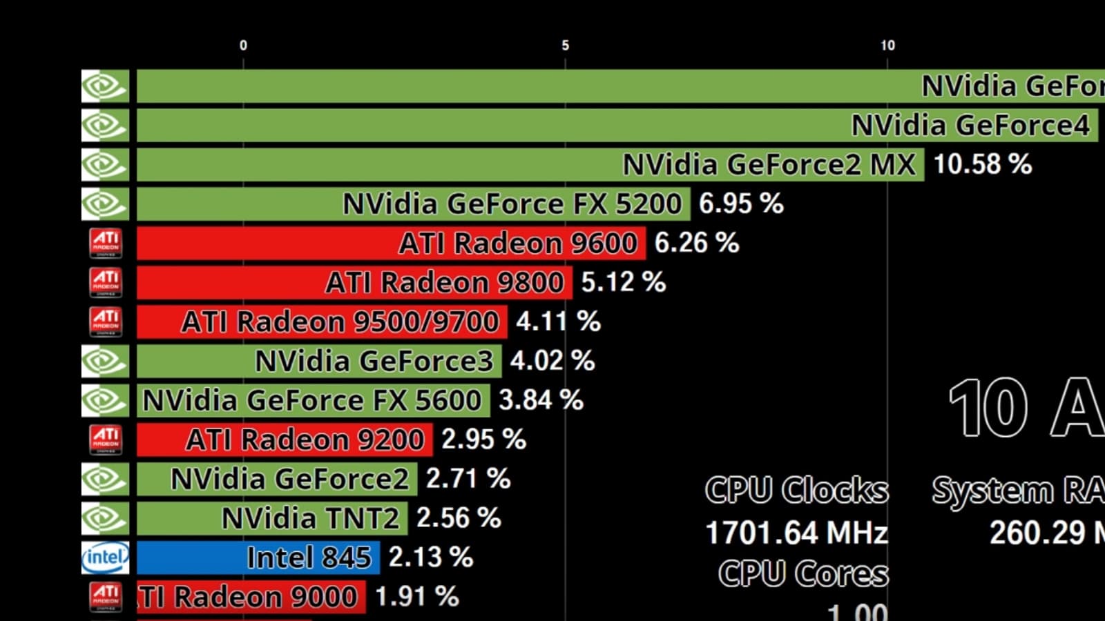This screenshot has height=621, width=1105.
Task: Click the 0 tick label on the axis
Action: point(243,46)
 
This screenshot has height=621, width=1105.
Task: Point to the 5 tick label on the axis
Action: point(565,46)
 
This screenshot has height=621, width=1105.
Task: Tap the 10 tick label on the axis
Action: point(887,46)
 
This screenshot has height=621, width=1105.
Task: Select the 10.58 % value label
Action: point(982,165)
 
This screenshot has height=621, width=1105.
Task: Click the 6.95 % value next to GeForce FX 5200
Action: point(741,204)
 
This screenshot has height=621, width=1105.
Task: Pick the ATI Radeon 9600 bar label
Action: point(518,244)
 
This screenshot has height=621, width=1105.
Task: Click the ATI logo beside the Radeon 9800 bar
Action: point(106,282)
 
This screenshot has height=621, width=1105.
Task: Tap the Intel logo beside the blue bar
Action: point(105,558)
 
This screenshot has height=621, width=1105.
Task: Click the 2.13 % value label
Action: point(431,558)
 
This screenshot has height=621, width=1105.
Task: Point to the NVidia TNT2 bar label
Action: point(310,518)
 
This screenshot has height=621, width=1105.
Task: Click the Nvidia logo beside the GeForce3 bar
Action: point(105,361)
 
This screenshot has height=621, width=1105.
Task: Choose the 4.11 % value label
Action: point(558,322)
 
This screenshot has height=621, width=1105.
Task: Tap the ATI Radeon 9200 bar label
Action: point(305,440)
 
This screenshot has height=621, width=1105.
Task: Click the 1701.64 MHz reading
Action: point(796,533)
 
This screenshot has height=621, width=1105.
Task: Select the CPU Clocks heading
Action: point(796,490)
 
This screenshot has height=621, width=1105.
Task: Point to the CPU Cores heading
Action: point(803,574)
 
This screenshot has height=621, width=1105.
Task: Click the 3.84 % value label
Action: point(541,400)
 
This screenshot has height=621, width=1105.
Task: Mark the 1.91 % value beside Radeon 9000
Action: point(416,597)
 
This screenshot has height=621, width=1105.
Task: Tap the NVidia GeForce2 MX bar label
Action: point(769,165)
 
